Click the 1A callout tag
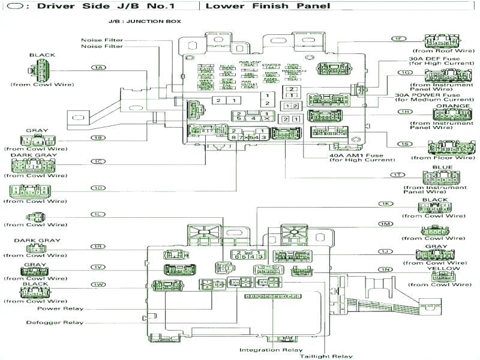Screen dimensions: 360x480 pyautogui.click(x=99, y=67)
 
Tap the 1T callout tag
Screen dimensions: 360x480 pyautogui.click(x=397, y=174)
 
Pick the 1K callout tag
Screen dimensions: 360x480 pyautogui.click(x=385, y=203)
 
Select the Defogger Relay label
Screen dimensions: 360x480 pyautogui.click(x=55, y=322)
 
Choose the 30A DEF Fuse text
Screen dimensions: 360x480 pyautogui.click(x=435, y=59)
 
